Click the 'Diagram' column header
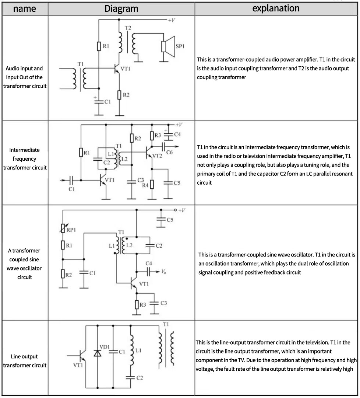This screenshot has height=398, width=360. click(x=121, y=8)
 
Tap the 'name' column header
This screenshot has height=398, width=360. click(x=24, y=8)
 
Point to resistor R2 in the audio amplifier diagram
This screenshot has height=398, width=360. click(x=119, y=95)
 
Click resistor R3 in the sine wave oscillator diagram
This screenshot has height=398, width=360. click(x=137, y=304)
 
